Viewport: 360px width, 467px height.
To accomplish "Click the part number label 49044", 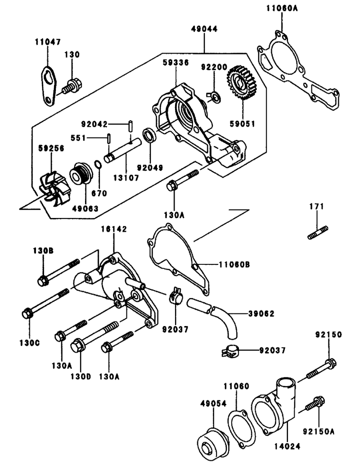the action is tap(204, 29).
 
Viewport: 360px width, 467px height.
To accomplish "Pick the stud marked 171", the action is tap(318, 233).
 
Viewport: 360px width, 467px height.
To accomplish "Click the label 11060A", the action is tap(282, 8).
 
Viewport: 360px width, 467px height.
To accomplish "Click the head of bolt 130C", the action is tap(27, 314).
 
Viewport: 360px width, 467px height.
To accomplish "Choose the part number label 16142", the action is tap(114, 229).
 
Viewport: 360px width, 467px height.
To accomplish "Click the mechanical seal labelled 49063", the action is tap(81, 175).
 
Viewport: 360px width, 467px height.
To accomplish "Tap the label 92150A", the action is tap(319, 431).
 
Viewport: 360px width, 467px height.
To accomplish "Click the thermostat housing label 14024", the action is tap(288, 446).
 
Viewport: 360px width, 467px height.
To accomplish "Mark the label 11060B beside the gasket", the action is tap(234, 264).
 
